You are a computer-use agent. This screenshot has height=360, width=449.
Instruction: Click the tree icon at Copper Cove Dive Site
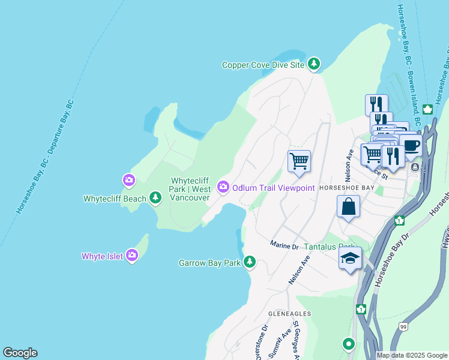pos(313,64)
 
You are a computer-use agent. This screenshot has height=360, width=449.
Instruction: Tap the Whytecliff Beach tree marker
pos(155,198)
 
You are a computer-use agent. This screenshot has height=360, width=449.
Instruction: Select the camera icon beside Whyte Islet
pos(132,256)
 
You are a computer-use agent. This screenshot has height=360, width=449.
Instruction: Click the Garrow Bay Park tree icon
pos(249,262)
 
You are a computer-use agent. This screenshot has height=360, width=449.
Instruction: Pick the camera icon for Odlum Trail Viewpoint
pos(223,188)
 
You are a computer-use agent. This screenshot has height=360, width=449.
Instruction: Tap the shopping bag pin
pos(348,207)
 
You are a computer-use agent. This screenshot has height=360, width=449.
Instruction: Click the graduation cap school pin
pos(350,259)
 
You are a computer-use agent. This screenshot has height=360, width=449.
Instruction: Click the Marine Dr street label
pos(284,245)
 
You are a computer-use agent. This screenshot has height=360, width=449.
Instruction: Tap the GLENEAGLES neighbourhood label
pos(290,314)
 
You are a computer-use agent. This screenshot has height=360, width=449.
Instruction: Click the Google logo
pos(20,353)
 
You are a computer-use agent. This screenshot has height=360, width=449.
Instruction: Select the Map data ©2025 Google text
pos(412,355)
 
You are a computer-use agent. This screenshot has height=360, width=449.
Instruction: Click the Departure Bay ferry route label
pos(44,156)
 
